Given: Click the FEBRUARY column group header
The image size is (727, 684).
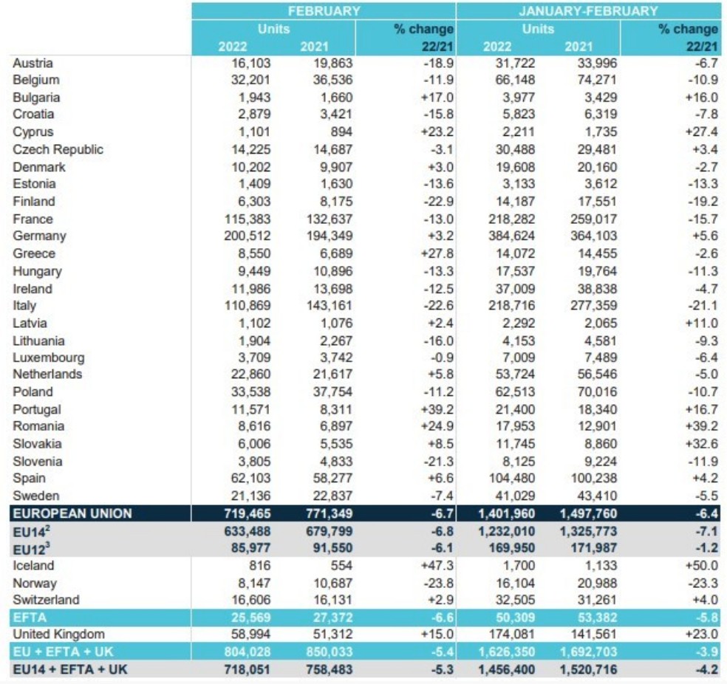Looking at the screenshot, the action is tap(324, 10).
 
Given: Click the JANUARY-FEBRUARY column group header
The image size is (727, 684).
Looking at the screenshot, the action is tap(588, 10).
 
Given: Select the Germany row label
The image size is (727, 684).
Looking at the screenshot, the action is tap(39, 236).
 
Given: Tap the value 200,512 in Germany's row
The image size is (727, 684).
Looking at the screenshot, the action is tap(247, 236).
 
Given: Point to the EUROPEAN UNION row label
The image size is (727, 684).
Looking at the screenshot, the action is tap(72, 513).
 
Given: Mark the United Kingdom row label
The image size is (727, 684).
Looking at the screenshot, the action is tap(58, 634).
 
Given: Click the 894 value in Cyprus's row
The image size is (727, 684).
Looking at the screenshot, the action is tap(341, 131).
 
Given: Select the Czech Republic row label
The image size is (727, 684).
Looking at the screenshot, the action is tap(58, 149).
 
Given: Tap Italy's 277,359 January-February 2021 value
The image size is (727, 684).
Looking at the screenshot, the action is tap(593, 305).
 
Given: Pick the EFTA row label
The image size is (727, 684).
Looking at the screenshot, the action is tap(30, 618).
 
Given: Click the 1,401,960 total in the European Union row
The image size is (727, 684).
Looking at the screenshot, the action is tap(506, 513).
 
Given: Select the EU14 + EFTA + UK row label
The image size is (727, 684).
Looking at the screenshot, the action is tap(70, 669).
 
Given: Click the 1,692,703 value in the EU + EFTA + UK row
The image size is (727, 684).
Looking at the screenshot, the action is tap(588, 651).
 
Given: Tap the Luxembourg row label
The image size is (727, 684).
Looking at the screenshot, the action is tap(49, 358).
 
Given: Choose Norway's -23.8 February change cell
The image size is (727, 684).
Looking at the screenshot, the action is tap(438, 583).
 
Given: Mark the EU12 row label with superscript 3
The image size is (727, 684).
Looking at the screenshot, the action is tap(32, 549).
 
